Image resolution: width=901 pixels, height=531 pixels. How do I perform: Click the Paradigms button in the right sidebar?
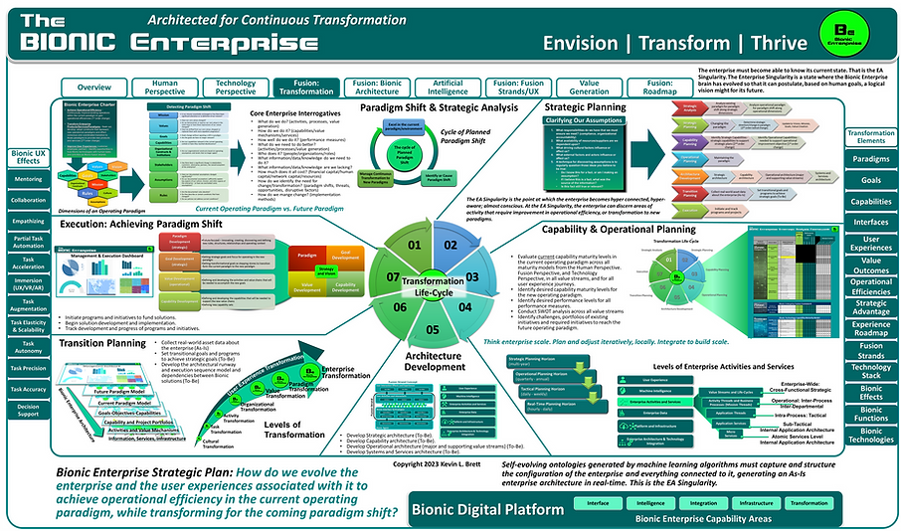871,158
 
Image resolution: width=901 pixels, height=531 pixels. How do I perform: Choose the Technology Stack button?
871,374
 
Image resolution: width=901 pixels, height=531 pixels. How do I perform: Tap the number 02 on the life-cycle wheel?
450,244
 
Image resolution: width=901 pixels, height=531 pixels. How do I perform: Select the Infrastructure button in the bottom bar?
761,504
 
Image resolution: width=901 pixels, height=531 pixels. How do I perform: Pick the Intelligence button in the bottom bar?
650,504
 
